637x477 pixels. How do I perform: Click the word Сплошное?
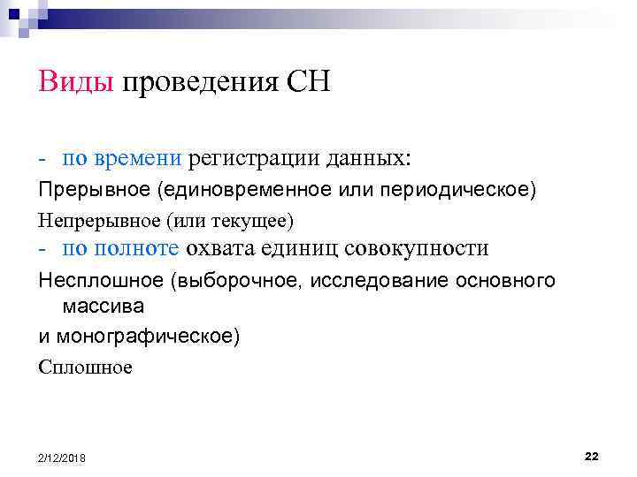pos(85,367)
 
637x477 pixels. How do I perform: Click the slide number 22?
pos(592,455)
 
